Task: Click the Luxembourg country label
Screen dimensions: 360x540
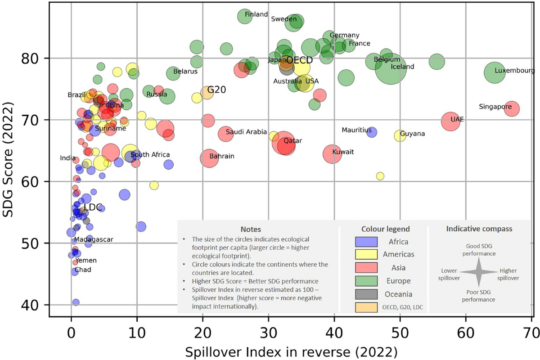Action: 514,71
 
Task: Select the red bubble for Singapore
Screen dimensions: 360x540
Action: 512,108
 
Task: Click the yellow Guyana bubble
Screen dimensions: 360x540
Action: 400,135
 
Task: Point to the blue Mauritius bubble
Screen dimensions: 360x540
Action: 372,132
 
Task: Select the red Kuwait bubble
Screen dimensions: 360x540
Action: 333,154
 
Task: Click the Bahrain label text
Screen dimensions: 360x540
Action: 221,157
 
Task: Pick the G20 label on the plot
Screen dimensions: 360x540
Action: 216,90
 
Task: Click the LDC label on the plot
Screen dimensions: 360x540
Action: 93,207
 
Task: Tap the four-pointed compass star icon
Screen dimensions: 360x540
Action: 479,271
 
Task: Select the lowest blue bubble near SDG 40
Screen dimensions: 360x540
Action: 76,302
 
